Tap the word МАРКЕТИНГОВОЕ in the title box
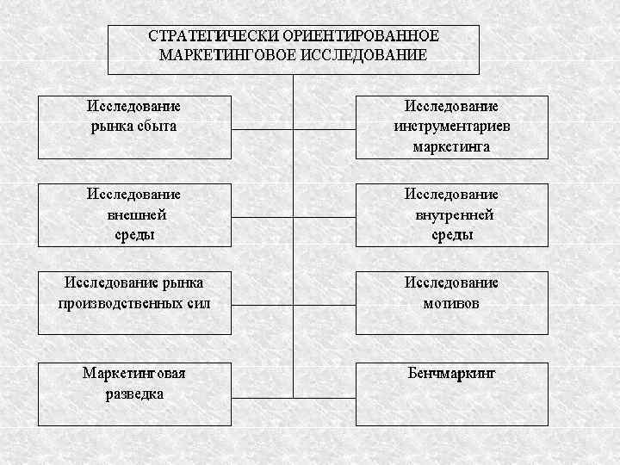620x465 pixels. point(222,55)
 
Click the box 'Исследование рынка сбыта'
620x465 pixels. point(134,127)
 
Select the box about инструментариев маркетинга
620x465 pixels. point(452,127)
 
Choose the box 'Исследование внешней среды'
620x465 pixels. point(134,215)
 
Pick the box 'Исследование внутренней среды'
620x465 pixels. point(452,215)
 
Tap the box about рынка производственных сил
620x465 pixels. point(134,302)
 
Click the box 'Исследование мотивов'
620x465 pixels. point(452,302)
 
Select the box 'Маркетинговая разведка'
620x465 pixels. point(134,394)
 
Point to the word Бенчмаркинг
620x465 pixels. point(452,374)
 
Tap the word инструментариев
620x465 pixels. point(452,126)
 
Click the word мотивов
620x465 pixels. point(452,303)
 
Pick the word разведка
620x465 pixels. point(134,394)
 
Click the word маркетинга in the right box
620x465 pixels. point(452,146)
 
